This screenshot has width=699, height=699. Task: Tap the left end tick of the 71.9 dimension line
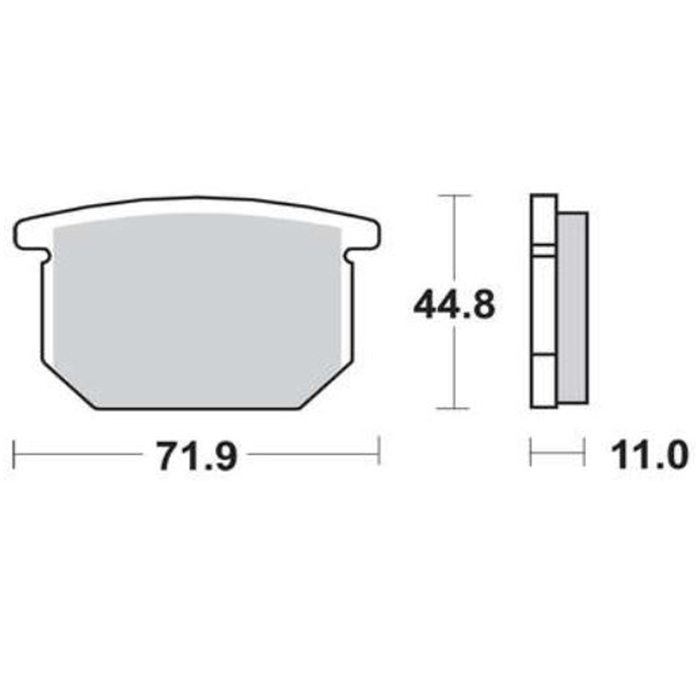[x=14, y=455]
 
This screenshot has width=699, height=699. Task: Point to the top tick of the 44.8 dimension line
[x=454, y=196]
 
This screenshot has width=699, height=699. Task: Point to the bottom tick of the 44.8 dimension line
[x=454, y=408]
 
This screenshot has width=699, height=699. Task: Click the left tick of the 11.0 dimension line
[x=531, y=453]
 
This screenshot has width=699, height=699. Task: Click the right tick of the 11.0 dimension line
[x=584, y=453]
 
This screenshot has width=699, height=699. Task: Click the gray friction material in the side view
[x=573, y=308]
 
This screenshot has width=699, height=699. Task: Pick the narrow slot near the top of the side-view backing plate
[x=544, y=251]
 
